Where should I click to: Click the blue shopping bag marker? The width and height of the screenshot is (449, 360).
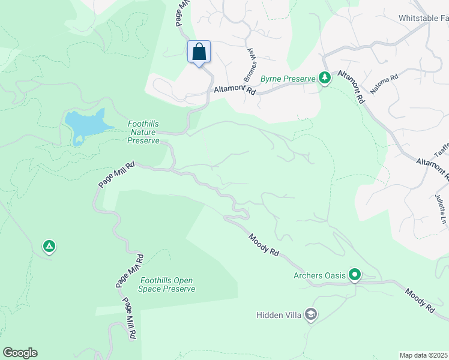[199, 52]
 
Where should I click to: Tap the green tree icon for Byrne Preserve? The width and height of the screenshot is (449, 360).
[325, 78]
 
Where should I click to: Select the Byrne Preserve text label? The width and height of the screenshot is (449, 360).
[287, 79]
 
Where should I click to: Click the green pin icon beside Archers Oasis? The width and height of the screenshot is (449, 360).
[355, 275]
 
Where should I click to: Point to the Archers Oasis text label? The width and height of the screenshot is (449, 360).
[319, 275]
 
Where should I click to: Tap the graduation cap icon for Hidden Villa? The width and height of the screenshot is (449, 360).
[310, 314]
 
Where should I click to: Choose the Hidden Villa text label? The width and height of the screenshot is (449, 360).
[279, 314]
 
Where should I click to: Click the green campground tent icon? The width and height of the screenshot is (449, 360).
[49, 246]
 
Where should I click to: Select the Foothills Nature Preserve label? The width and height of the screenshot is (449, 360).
[143, 133]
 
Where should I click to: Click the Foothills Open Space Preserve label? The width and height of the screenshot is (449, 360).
[167, 284]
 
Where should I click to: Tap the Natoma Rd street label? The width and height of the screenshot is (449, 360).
[384, 84]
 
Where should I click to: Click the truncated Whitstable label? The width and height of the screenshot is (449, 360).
[423, 18]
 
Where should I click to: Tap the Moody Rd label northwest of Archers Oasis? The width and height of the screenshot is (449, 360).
[264, 246]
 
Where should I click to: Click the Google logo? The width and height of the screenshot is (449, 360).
[20, 353]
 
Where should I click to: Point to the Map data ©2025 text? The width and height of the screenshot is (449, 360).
[423, 355]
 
